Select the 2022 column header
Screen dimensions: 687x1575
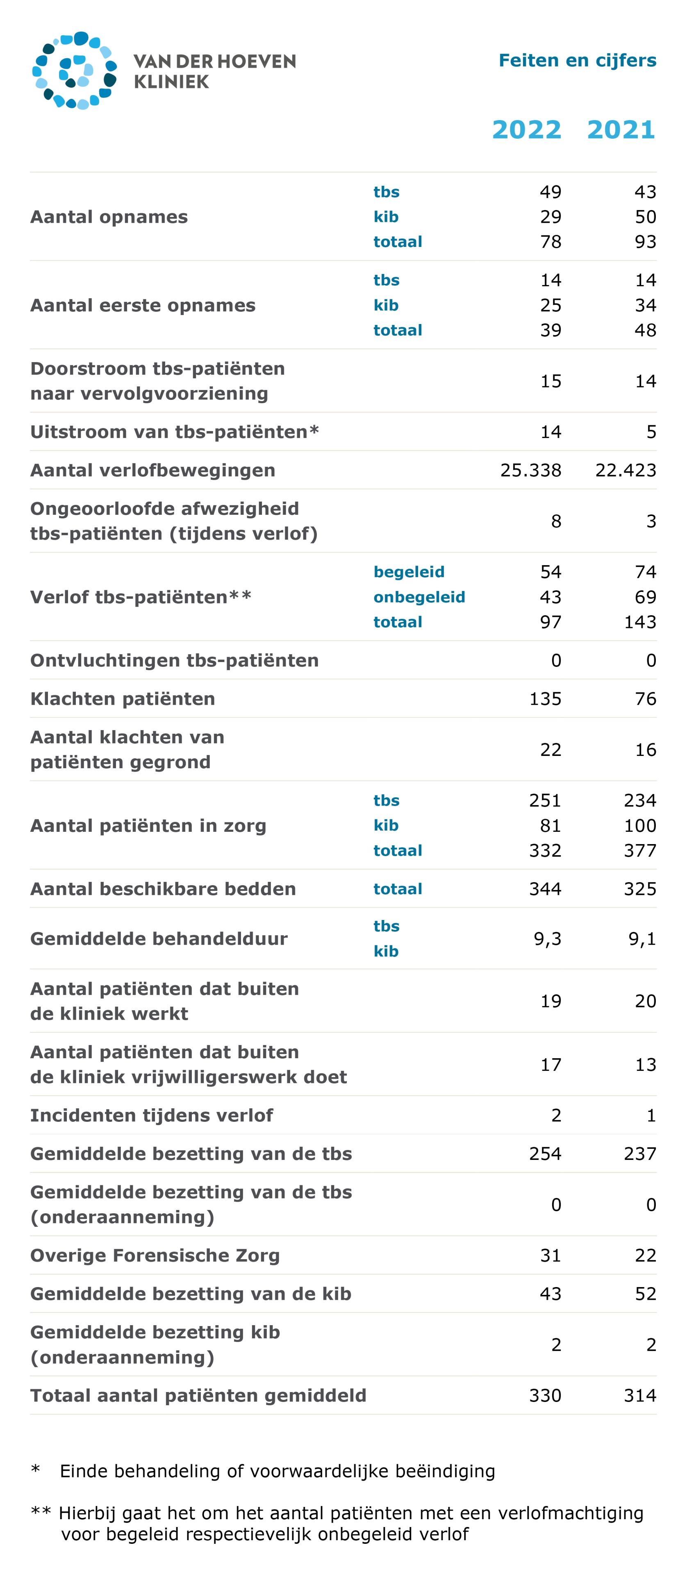coord(527,129)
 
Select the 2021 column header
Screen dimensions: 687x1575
coord(621,129)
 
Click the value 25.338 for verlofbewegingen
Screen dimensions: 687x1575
coord(530,470)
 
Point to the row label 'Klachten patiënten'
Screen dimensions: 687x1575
coord(123,699)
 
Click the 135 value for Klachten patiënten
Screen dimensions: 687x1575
coord(545,699)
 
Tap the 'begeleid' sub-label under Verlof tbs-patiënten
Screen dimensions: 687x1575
coord(409,572)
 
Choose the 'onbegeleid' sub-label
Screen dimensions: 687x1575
coord(419,597)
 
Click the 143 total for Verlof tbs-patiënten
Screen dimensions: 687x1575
coord(640,622)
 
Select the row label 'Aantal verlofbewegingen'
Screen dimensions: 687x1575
coord(153,470)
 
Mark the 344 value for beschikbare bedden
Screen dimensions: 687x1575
coord(545,889)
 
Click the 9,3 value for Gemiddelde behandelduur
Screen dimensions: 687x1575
coord(548,938)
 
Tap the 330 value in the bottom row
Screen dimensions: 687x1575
coord(545,1395)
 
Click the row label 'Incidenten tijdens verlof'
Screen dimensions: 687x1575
coord(152,1115)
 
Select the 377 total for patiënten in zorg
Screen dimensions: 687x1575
coord(640,851)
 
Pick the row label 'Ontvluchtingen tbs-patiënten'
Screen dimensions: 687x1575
coord(175,660)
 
